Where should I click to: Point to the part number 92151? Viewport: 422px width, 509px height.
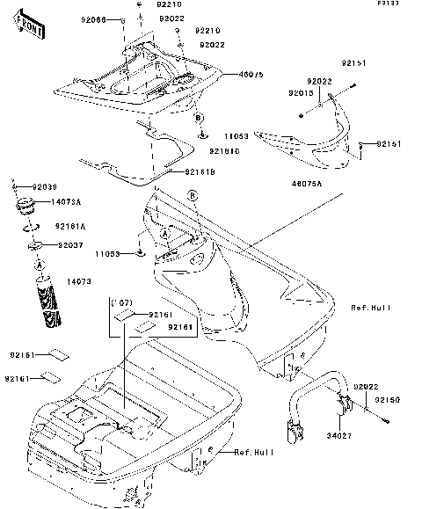pos(353,64)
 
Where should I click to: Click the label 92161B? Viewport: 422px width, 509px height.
pos(198,173)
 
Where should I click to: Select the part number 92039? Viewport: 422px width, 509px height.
pos(45,187)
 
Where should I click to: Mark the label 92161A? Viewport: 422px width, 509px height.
pos(69,226)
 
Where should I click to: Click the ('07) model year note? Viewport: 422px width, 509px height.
pos(120,302)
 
